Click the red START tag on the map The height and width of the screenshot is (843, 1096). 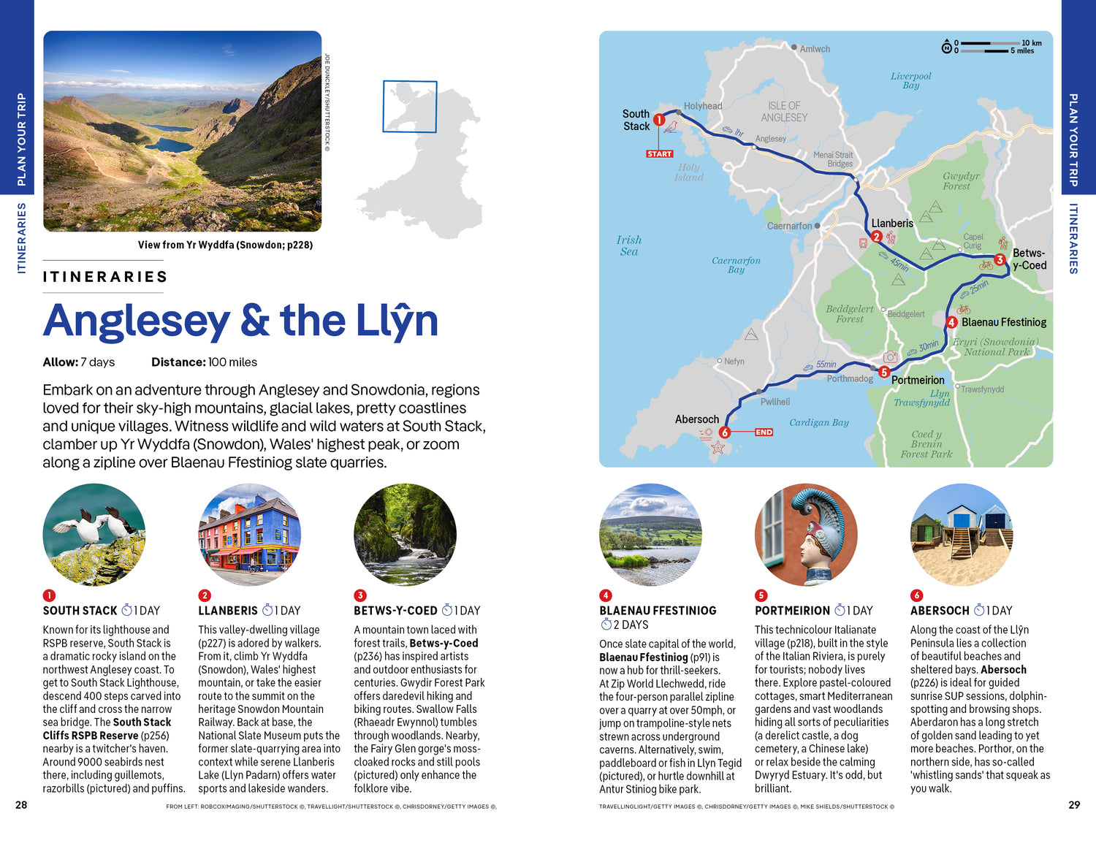point(659,154)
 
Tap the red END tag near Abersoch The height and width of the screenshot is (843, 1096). point(764,432)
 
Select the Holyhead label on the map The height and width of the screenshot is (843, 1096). point(702,106)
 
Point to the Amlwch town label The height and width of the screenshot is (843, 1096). point(814,49)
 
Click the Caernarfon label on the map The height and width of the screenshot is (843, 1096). point(789,226)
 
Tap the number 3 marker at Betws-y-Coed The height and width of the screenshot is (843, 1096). point(1000,259)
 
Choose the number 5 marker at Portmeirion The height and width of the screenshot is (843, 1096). point(883,372)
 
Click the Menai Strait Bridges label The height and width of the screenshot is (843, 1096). point(833,159)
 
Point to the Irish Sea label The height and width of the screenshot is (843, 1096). point(628,245)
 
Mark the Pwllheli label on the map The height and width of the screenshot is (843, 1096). point(775,402)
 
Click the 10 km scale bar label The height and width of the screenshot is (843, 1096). point(1031,43)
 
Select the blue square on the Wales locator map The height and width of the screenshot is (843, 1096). point(410,107)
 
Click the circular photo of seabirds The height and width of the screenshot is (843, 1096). point(94,534)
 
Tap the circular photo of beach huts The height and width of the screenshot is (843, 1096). point(962,534)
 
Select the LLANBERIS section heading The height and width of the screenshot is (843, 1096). point(227,611)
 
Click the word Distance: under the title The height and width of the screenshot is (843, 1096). point(179,362)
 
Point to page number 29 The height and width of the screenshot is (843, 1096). point(1073,804)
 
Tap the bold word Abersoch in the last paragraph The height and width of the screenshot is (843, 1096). point(1003,669)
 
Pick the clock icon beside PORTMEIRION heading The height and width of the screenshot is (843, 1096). point(840,610)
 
